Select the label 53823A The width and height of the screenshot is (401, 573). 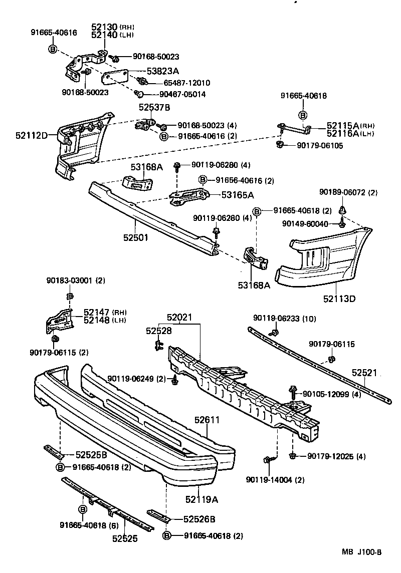point(149,72)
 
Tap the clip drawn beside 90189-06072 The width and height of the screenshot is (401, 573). point(343,209)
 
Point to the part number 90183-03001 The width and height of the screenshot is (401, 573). point(70,280)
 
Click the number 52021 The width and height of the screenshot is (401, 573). point(179,318)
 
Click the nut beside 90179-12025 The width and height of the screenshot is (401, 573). point(293,456)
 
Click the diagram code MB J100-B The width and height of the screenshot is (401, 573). point(362,552)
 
